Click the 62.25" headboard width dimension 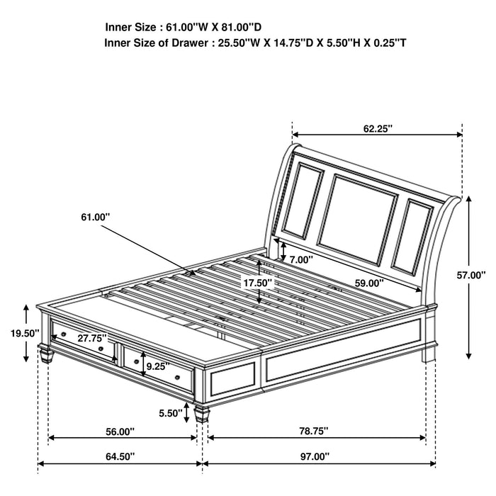378,128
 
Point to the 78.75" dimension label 313,430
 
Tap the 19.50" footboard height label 15,332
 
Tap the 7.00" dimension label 300,259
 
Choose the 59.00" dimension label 368,282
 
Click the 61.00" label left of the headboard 96,217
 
